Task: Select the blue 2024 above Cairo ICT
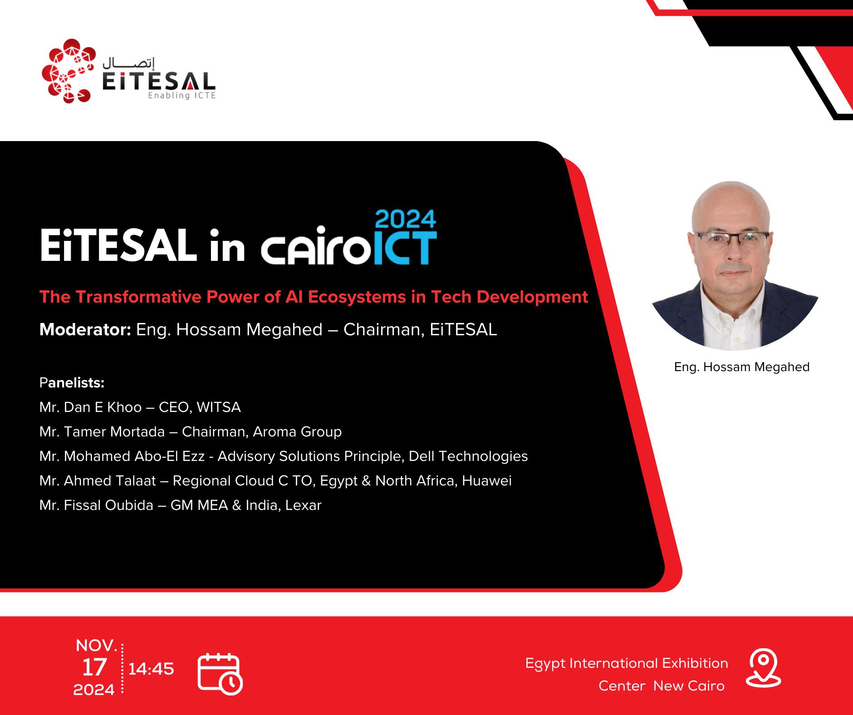click(x=406, y=220)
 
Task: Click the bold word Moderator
click(x=85, y=329)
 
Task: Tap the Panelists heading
click(x=72, y=383)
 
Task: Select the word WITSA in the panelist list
click(x=219, y=407)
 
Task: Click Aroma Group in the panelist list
click(x=297, y=431)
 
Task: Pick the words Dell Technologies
click(x=468, y=456)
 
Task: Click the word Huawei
click(x=487, y=480)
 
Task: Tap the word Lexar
click(x=303, y=505)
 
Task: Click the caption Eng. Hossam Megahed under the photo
click(x=742, y=367)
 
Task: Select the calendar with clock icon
click(x=220, y=674)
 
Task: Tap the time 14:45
click(x=151, y=669)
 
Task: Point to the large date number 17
click(x=94, y=667)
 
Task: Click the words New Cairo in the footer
click(x=689, y=686)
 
